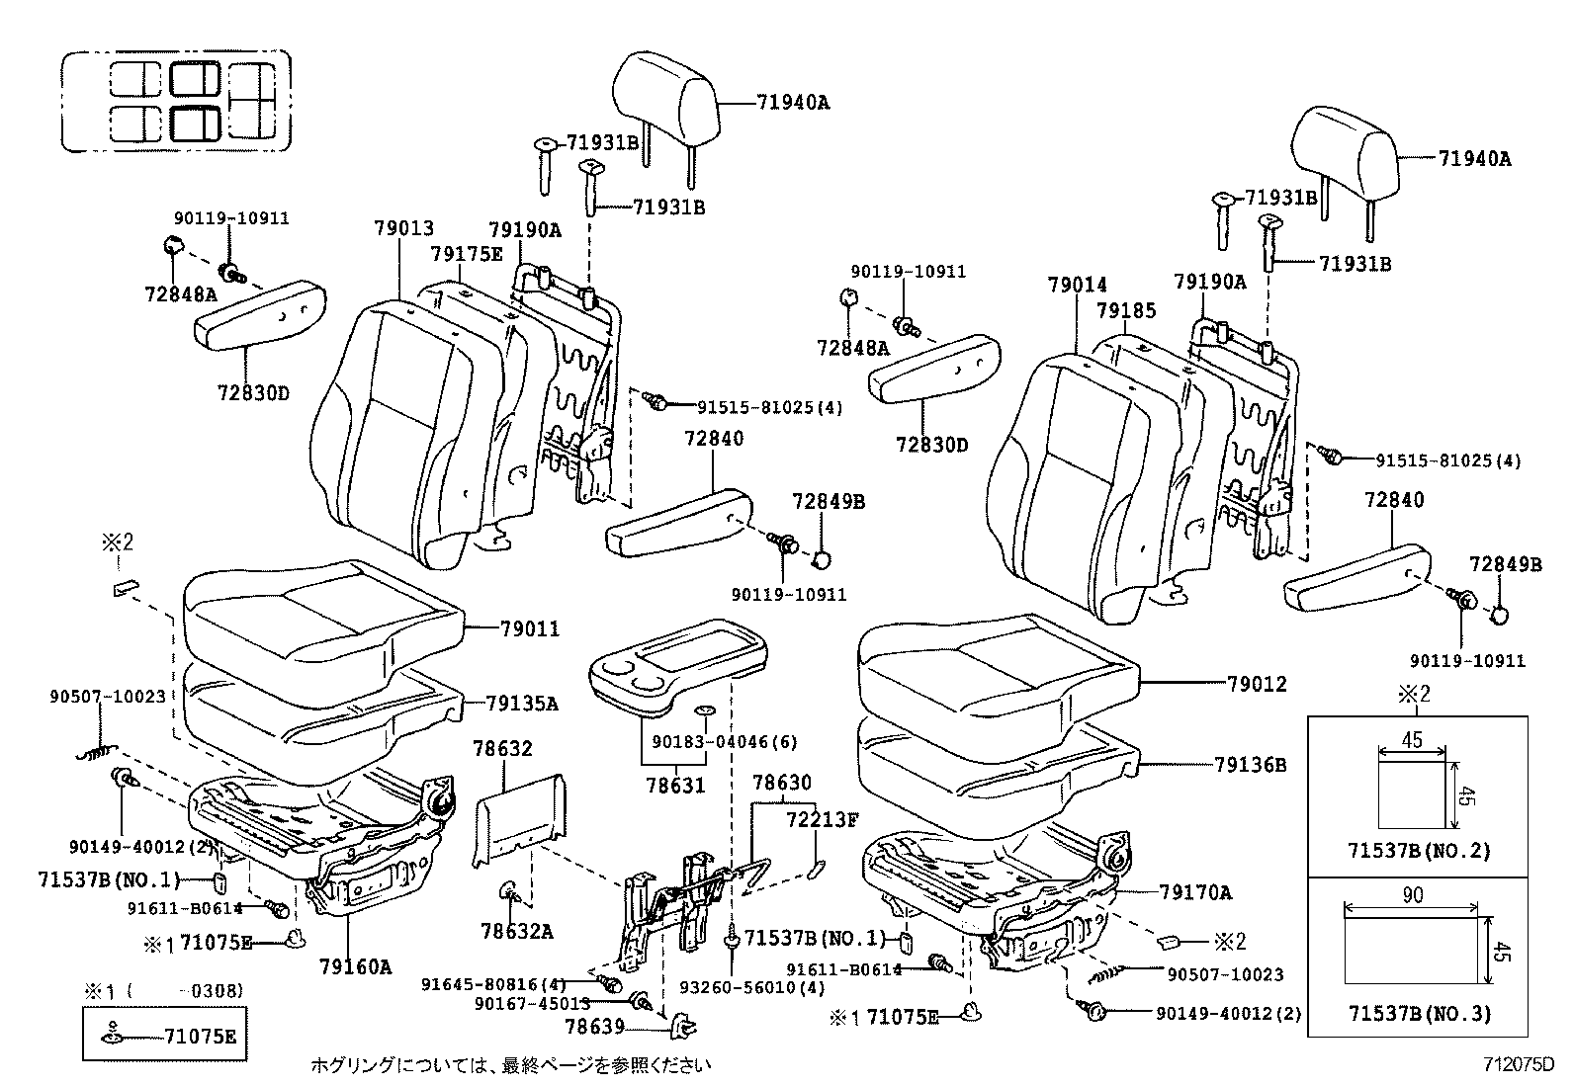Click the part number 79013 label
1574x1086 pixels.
coord(403,228)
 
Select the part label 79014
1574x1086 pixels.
coord(1077,286)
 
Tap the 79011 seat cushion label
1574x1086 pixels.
coord(529,628)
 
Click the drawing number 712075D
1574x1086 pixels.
coord(1519,1065)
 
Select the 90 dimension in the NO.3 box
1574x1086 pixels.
coord(1414,895)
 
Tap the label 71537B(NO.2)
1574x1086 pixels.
coord(1419,850)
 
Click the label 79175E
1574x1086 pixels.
coord(466,254)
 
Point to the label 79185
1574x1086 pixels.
coord(1125,311)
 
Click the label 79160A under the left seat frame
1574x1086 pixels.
coord(355,966)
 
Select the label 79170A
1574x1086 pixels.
coord(1196,893)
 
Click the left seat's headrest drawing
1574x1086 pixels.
coord(664,98)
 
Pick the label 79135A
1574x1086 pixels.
coord(522,704)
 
